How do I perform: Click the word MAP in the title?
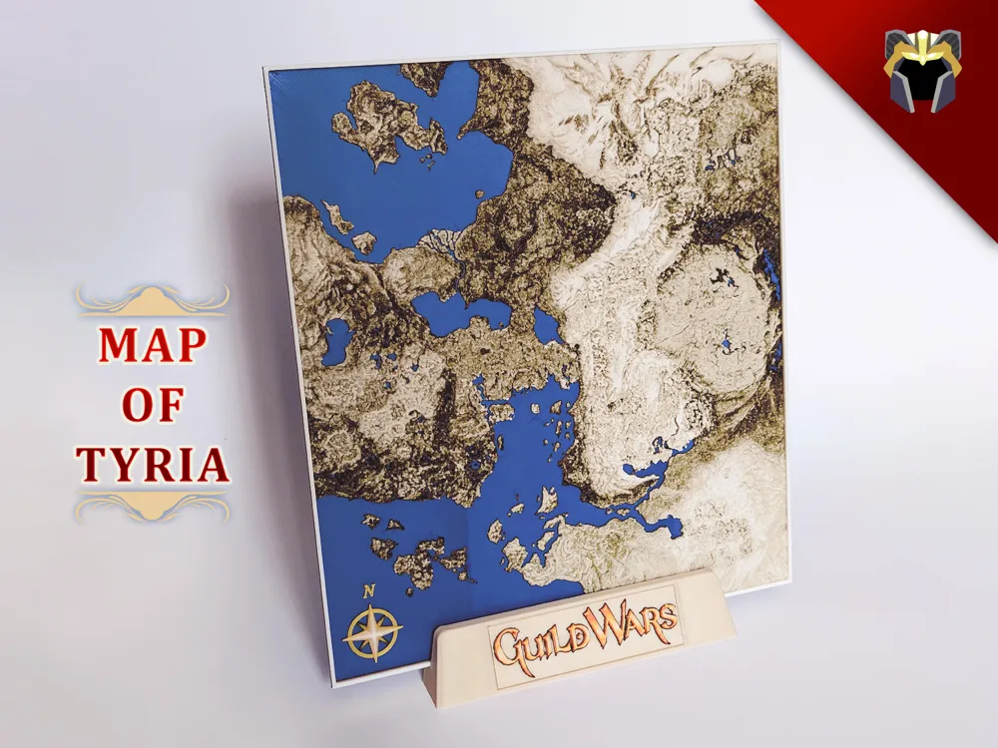click(154, 346)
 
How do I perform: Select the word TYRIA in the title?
click(154, 465)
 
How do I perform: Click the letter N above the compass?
click(369, 590)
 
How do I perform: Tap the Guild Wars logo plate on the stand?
click(579, 625)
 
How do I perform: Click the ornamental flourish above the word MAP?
click(154, 298)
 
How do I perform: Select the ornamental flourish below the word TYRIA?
click(154, 509)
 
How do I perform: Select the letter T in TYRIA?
click(92, 465)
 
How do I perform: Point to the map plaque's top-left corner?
click(266, 73)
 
